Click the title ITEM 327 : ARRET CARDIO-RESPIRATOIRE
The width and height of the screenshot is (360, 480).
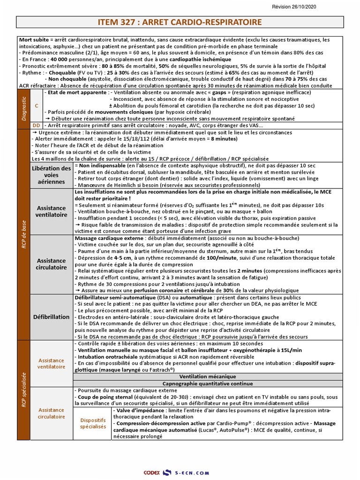[180, 22]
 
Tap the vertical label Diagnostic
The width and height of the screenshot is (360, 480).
[23, 109]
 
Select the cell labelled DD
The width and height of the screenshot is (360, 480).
[36, 126]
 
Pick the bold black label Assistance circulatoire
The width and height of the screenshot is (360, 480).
[52, 264]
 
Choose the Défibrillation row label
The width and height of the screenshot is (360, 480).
[52, 317]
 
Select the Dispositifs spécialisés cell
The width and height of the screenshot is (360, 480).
[93, 424]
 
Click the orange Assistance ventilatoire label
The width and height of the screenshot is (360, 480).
[52, 364]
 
